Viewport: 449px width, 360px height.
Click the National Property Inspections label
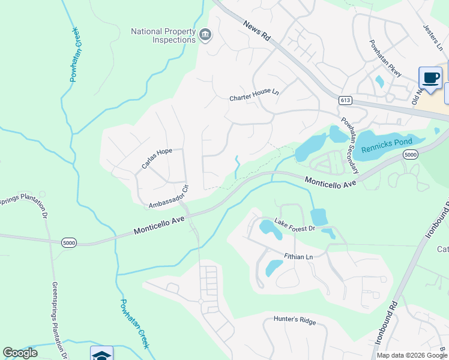pos(164,35)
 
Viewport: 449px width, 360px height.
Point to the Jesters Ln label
pos(432,35)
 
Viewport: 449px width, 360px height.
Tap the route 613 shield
pos(344,100)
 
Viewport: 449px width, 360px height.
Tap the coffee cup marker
pos(430,77)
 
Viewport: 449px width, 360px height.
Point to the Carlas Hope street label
pos(157,159)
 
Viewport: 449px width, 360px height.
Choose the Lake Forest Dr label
pos(295,226)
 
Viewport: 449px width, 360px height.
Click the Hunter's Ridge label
pos(295,320)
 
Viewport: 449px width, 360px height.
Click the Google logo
pos(20,353)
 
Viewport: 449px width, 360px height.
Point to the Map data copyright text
pos(411,355)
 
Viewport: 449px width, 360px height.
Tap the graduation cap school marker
pos(101,355)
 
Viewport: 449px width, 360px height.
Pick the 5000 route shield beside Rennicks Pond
pos(411,155)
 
